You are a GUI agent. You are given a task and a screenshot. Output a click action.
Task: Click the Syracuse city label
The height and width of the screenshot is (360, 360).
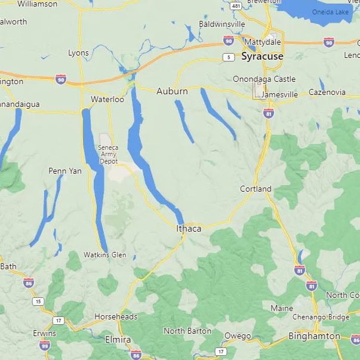click(x=262, y=56)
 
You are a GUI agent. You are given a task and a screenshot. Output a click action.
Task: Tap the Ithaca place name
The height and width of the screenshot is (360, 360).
click(x=189, y=229)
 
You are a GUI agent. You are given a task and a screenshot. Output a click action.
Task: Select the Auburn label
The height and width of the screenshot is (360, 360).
click(x=172, y=91)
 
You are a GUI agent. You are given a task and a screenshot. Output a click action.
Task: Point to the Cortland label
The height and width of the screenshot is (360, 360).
click(x=256, y=189)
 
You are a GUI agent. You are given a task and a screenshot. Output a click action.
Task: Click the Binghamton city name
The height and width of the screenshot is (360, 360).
click(x=314, y=336)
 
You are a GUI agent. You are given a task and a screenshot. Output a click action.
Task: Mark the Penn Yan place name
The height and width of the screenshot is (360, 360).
click(x=64, y=171)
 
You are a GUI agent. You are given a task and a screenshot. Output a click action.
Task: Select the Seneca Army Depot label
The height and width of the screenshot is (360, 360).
click(x=109, y=154)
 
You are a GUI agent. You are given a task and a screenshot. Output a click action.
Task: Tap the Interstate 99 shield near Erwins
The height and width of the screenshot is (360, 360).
click(x=45, y=345)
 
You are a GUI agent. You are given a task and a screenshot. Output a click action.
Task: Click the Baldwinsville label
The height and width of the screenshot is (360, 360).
click(x=222, y=24)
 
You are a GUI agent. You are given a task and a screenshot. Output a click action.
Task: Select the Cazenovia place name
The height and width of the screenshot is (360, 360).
click(x=327, y=92)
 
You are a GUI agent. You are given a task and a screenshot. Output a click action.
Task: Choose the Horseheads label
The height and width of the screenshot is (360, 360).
click(x=116, y=317)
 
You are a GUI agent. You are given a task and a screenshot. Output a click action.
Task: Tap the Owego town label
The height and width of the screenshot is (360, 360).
click(x=238, y=336)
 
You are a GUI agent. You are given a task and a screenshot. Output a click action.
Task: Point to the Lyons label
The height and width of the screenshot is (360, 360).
click(x=78, y=53)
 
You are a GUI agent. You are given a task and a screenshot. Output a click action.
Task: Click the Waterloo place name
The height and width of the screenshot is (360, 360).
click(x=107, y=99)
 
